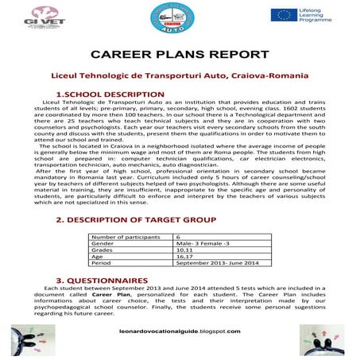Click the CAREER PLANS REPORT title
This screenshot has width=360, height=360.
click(x=180, y=55)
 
